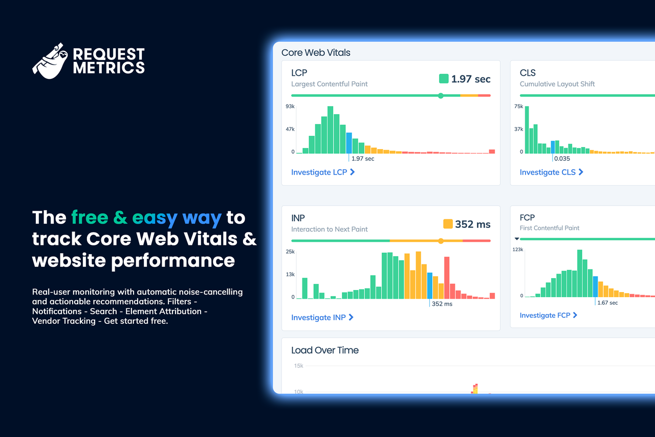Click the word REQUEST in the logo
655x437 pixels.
point(108,54)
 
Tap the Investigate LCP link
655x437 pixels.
point(323,172)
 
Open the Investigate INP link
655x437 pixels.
point(322,317)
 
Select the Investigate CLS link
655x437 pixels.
point(551,172)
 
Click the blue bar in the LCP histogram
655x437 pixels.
point(349,143)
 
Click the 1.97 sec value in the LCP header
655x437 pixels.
point(470,79)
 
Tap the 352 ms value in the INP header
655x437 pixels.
point(473,224)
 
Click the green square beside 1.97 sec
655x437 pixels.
point(444,79)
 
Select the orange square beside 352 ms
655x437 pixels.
point(448,224)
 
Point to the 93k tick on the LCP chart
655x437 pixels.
point(290,106)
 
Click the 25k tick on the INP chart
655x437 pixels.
point(290,252)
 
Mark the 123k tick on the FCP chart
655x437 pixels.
point(518,249)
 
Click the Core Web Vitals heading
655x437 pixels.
point(316,53)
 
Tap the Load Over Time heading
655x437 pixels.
point(325,350)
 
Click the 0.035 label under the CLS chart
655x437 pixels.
point(561,159)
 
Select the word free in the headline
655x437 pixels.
point(90,218)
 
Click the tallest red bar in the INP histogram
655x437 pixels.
point(447,278)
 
